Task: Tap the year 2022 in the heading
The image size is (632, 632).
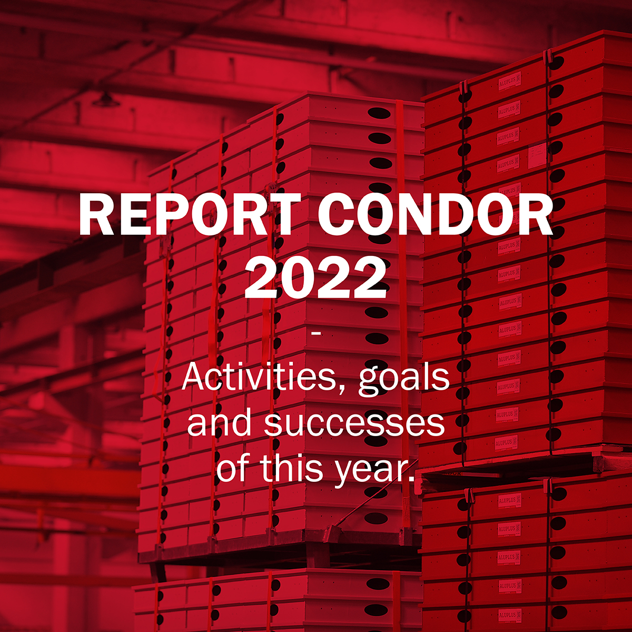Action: (x=315, y=277)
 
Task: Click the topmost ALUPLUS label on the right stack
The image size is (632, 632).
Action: (x=508, y=83)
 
